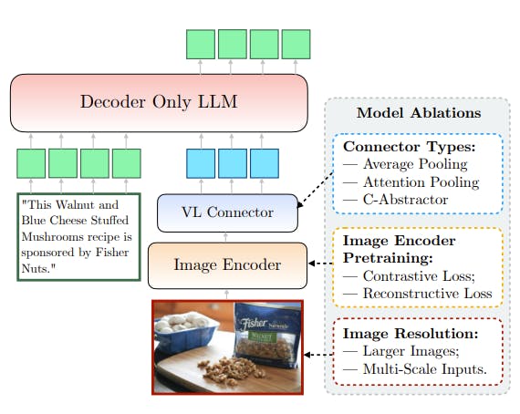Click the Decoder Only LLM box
point(159,103)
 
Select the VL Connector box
point(227,212)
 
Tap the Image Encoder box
point(227,265)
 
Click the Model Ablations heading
point(419,113)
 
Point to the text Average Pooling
point(415,164)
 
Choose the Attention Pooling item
point(421,182)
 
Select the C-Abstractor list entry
point(405,200)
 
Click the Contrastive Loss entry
point(419,275)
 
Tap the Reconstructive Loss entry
point(428,294)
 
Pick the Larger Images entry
point(411,351)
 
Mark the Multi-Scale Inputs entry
point(425,369)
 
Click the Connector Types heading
point(410,147)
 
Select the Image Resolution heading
point(411,334)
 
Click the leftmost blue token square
point(201,163)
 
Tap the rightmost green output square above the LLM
point(296,45)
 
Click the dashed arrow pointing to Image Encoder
point(321,264)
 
